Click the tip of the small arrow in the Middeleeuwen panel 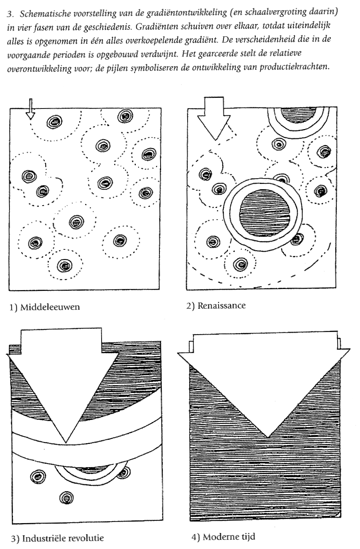click(x=30, y=120)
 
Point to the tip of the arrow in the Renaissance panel click(x=215, y=140)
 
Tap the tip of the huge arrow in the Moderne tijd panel click(x=268, y=438)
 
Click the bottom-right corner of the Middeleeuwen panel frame click(x=159, y=290)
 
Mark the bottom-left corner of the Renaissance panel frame click(x=186, y=290)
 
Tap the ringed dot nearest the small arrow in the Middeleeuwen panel click(x=55, y=122)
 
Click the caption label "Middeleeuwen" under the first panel click(x=50, y=307)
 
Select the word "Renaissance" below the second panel click(x=221, y=306)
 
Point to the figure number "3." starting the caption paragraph click(x=10, y=14)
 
